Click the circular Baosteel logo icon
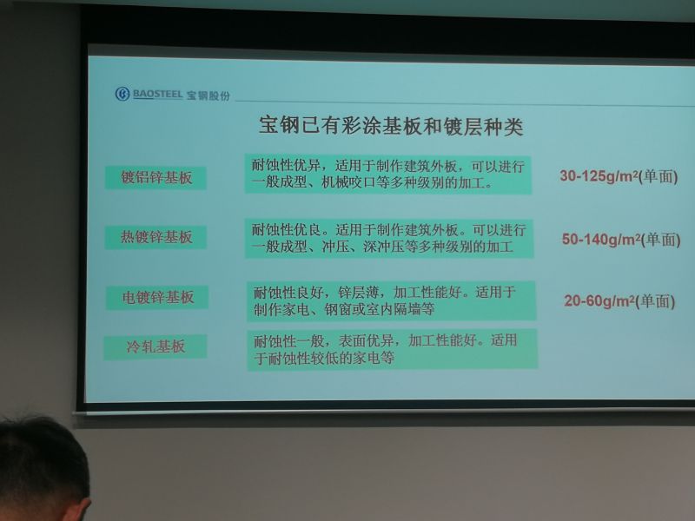coord(122,94)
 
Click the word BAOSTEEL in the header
coord(157,95)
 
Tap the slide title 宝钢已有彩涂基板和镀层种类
coord(391,127)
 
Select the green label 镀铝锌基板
coord(156,178)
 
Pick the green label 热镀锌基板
coord(156,237)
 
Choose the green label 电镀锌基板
coord(157,297)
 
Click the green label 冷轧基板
coord(156,346)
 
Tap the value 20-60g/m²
coord(599,300)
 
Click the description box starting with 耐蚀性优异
coord(387,175)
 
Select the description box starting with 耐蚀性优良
coord(389,238)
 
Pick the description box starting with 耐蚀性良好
coord(392,300)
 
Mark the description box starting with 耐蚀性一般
coord(393,349)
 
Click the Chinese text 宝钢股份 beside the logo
coord(208,96)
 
